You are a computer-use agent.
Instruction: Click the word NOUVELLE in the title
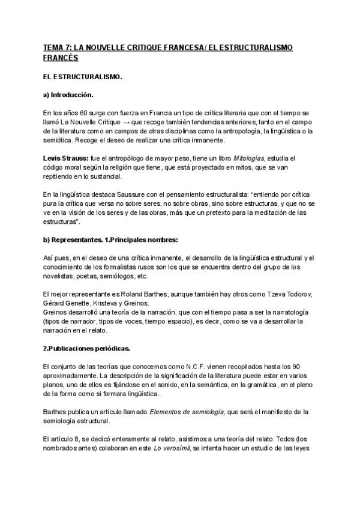click(109, 48)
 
